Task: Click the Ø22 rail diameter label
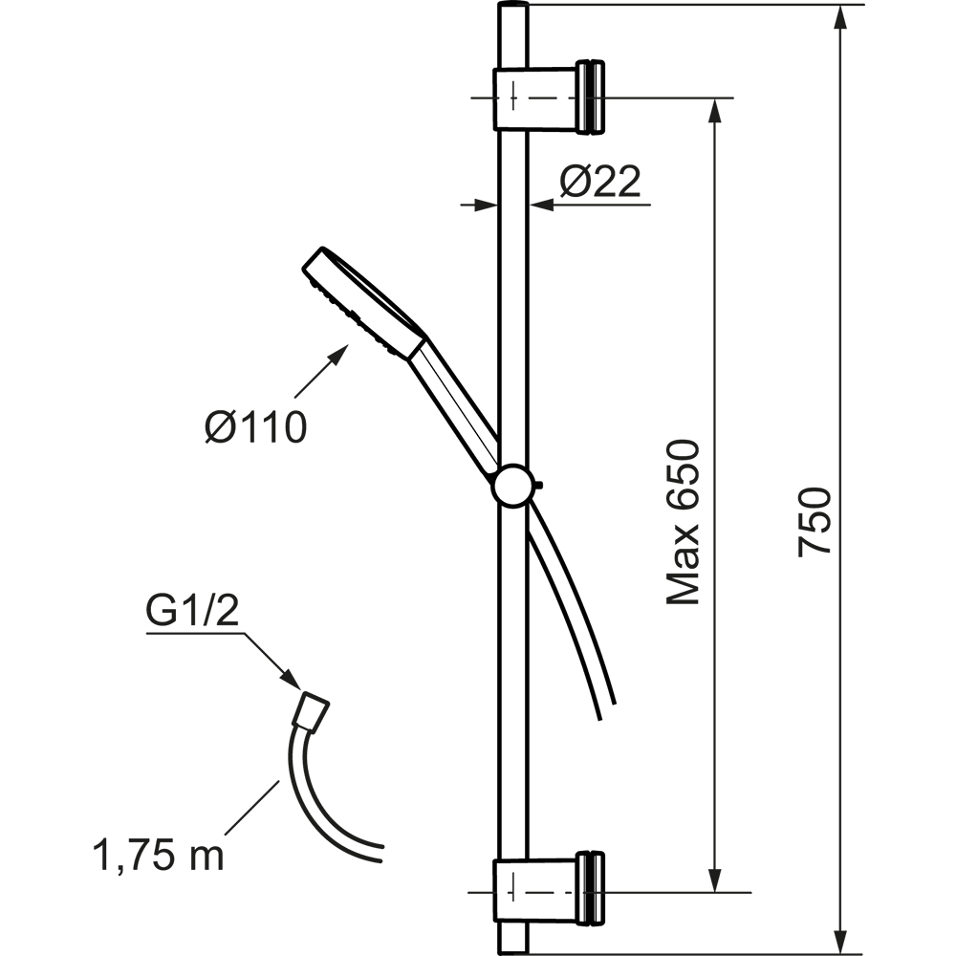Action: pos(600,181)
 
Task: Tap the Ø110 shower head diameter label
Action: pos(255,426)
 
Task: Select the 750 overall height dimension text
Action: pos(815,521)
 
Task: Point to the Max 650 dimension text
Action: pos(683,522)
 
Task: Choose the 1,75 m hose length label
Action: pos(159,855)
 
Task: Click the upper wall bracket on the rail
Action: pos(549,97)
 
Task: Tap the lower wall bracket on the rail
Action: pos(549,888)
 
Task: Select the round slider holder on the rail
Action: pos(513,485)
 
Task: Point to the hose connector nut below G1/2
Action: pos(311,710)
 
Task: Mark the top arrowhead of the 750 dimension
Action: pos(840,18)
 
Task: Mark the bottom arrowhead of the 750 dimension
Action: pos(840,940)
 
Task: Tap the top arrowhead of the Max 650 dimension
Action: pos(715,111)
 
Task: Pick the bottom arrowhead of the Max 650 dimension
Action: pos(715,879)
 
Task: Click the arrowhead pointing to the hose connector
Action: pos(291,679)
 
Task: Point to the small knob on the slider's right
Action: pos(538,486)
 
